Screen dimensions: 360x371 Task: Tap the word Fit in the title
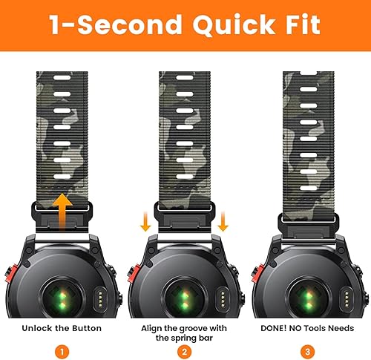coord(298,25)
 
